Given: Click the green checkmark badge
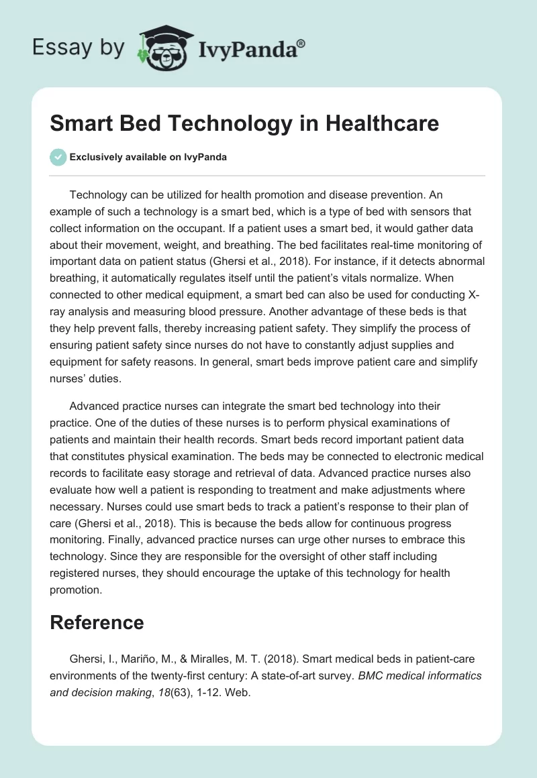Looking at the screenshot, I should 58,157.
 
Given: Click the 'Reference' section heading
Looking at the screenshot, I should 97,622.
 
